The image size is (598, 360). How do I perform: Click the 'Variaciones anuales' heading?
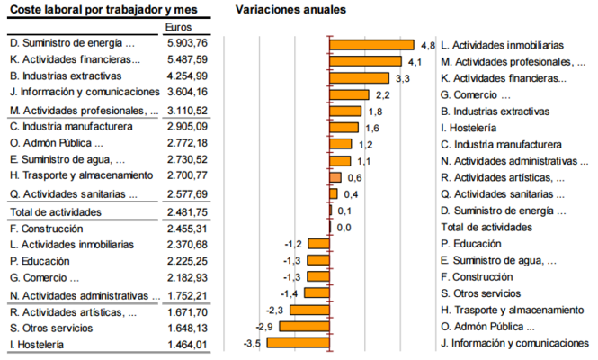(290, 9)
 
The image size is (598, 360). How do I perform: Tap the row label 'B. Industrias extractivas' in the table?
(65, 76)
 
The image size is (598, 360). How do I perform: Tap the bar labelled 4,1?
(365, 61)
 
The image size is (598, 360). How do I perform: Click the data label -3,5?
(252, 343)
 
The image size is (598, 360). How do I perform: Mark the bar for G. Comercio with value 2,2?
(349, 94)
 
